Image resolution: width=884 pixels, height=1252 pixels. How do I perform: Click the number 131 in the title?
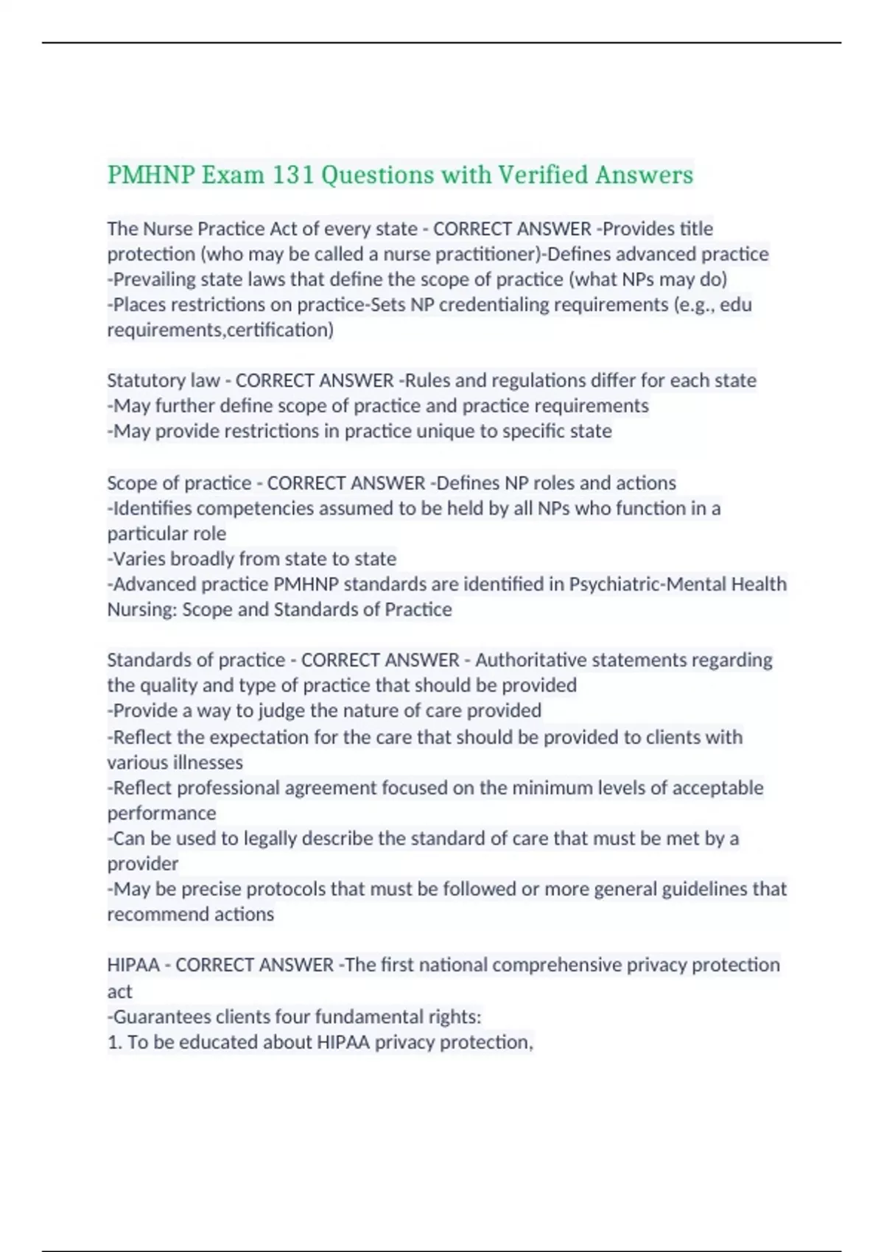(293, 175)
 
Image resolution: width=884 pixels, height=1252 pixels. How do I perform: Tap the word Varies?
(139, 558)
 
